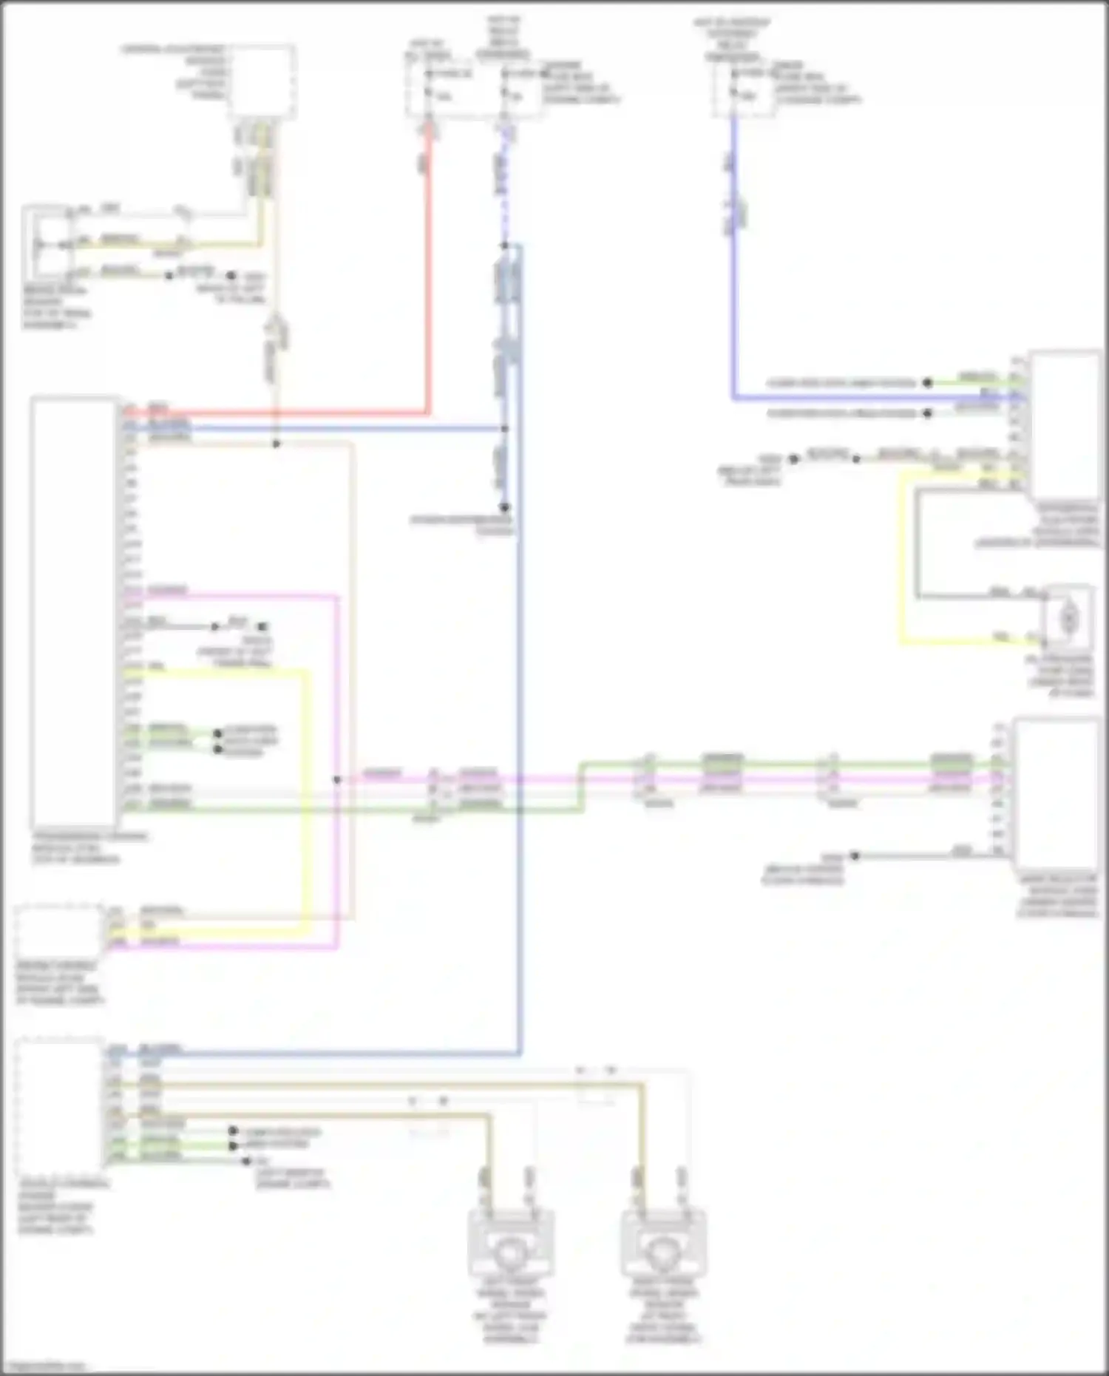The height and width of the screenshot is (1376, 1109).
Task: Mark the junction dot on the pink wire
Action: coord(336,779)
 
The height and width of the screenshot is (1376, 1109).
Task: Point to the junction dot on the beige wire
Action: coord(276,444)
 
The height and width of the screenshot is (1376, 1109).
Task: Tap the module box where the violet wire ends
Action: coord(1065,425)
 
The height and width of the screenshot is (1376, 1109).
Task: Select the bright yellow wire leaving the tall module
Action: coord(305,799)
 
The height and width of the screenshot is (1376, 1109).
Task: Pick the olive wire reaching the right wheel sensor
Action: coord(642,1131)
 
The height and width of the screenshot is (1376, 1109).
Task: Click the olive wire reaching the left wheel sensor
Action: coord(488,1146)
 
